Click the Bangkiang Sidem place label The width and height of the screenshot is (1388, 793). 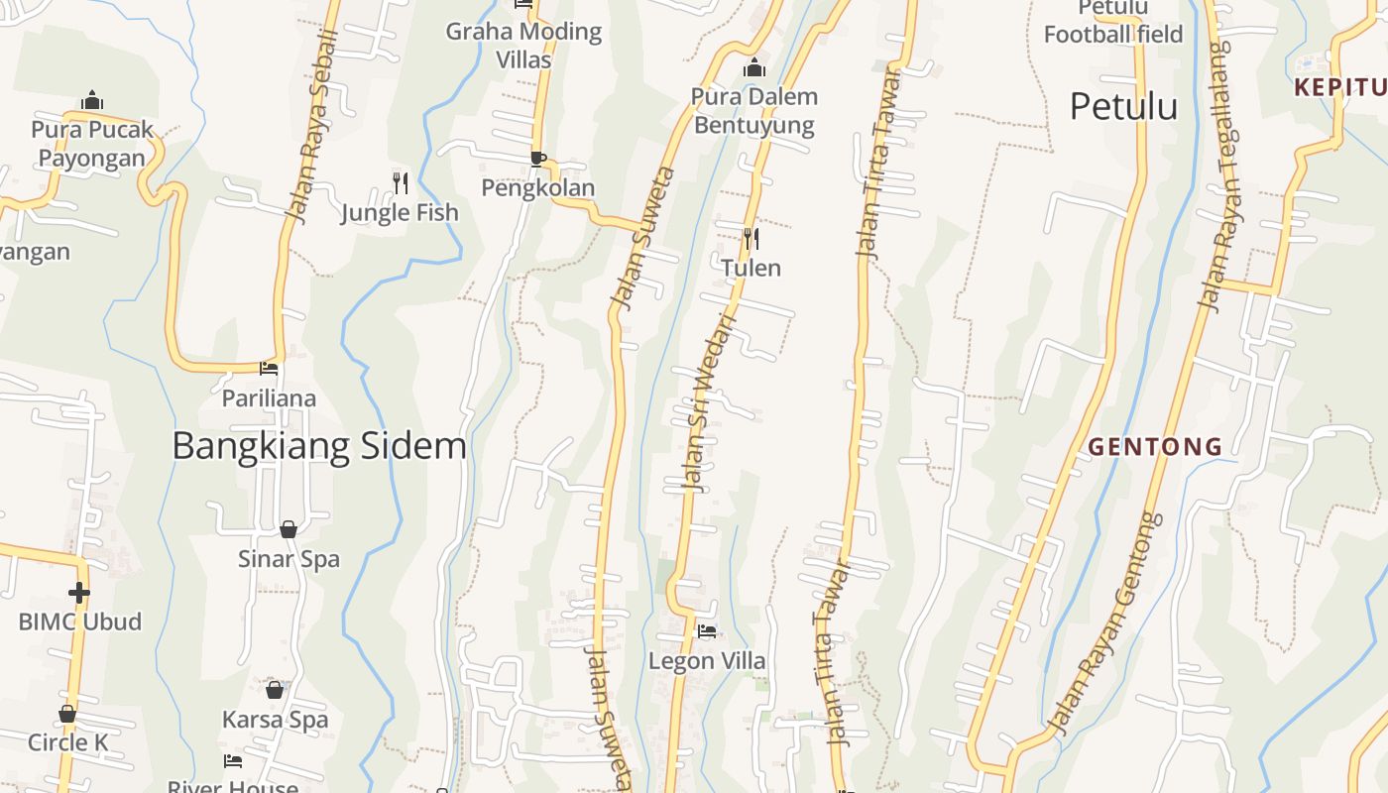coord(319,446)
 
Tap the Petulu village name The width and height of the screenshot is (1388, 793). coord(1123,106)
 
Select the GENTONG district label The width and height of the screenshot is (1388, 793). coord(1155,447)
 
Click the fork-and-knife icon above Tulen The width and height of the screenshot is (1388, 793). coord(752,238)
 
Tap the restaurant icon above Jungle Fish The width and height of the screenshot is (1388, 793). coord(400,182)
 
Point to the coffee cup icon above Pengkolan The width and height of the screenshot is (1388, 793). coord(537,159)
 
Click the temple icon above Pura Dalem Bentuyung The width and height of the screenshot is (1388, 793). coord(754,68)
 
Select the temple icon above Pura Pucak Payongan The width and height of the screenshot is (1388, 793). coord(92,101)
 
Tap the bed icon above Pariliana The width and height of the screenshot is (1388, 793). coord(269,370)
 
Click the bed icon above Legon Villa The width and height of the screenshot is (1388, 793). coord(707,630)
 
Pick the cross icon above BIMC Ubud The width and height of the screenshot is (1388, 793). coord(79,593)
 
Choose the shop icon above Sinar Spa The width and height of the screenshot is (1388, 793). coord(289,529)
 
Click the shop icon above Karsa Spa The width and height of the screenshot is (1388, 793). coord(275,690)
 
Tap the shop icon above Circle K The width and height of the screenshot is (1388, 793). coord(67,714)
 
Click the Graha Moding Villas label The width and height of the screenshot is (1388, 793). coord(523,45)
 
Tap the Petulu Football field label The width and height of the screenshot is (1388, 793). coord(1113,22)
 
